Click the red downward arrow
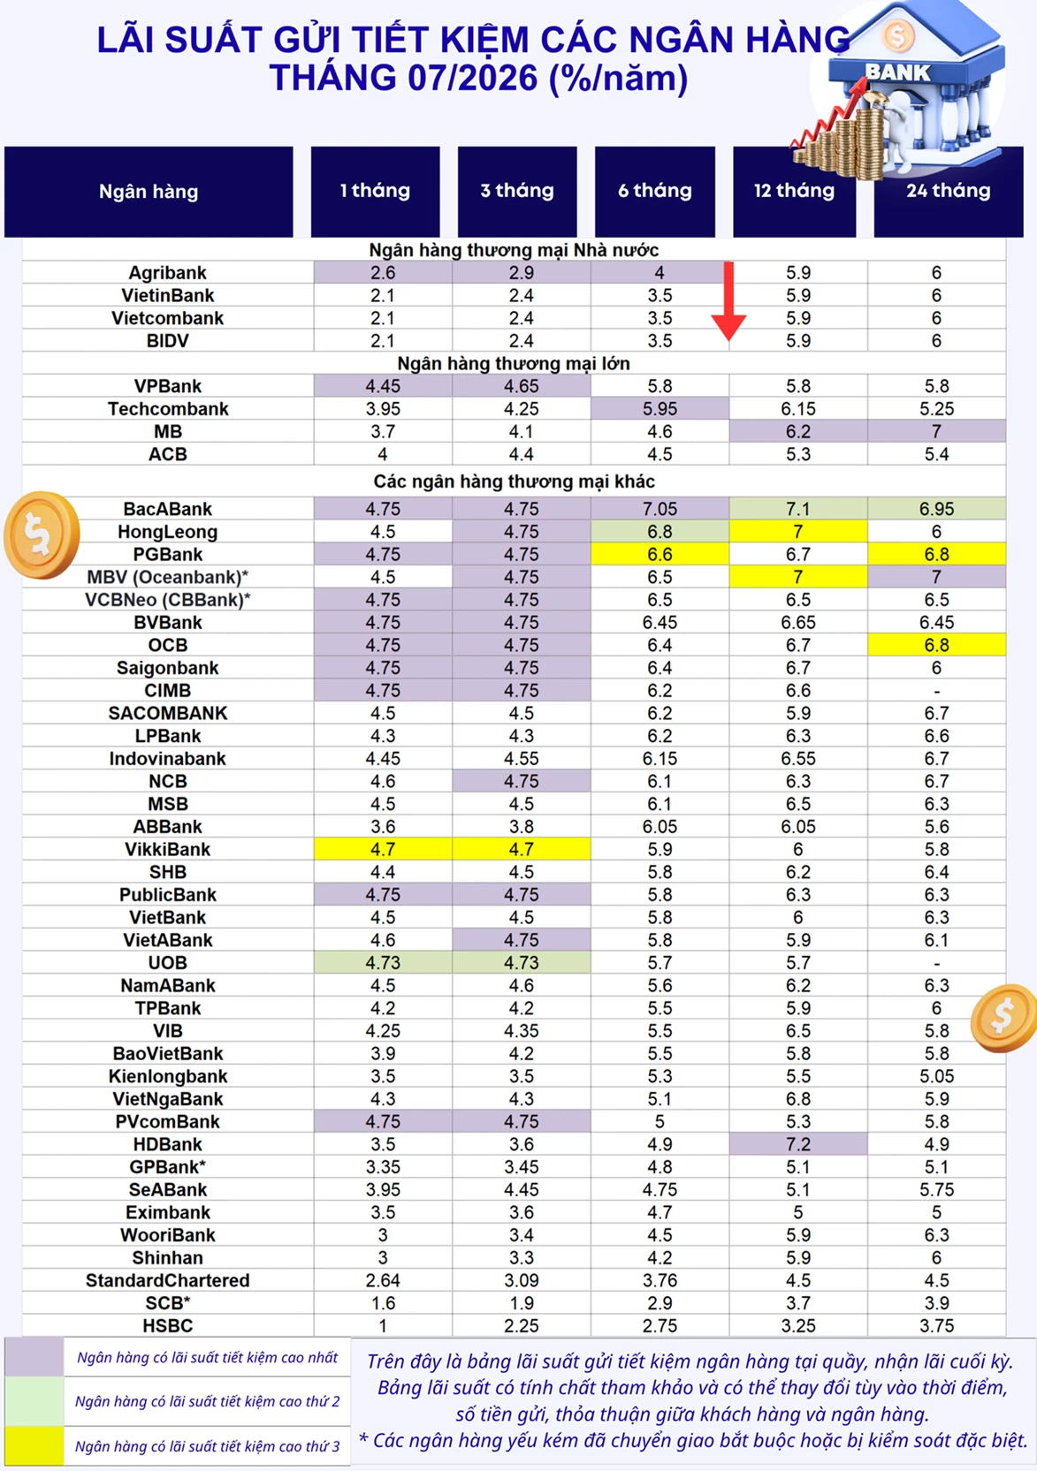coord(728,301)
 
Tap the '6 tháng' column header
coord(654,191)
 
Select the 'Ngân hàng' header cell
coord(149,192)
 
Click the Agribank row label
coord(168,272)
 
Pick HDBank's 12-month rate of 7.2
coord(797,1144)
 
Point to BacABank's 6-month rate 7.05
coord(660,509)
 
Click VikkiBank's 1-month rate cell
coord(383,849)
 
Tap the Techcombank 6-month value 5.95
coord(660,408)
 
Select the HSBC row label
coord(168,1326)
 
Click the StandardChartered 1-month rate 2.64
coord(383,1280)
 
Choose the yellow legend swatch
coord(34,1445)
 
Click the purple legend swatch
coord(34,1357)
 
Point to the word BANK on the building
coord(897,72)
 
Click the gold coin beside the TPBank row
coord(1003,1017)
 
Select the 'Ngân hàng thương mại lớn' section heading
coord(514,364)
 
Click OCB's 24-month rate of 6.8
coord(936,645)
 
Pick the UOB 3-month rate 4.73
coord(521,963)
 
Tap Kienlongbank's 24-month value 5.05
coord(936,1076)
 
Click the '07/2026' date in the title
coord(472,78)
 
